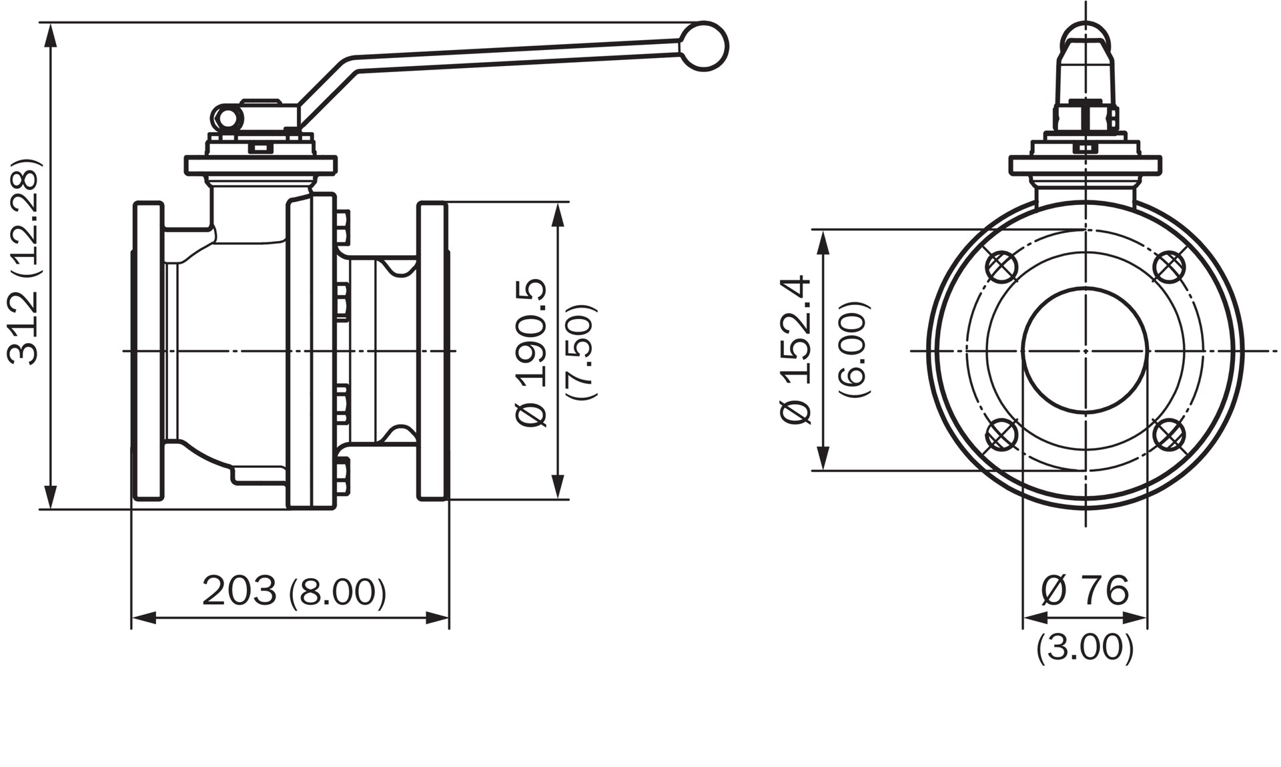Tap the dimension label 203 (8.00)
[294, 591]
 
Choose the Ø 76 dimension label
[1085, 590]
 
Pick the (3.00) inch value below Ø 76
[1085, 647]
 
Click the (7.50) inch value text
[580, 352]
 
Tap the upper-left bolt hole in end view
[1001, 267]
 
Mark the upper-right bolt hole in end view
[1169, 267]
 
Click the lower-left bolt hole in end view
[1001, 435]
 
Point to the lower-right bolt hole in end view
[1169, 435]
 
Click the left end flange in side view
[148, 350]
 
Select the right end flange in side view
[432, 350]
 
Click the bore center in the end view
[1086, 350]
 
